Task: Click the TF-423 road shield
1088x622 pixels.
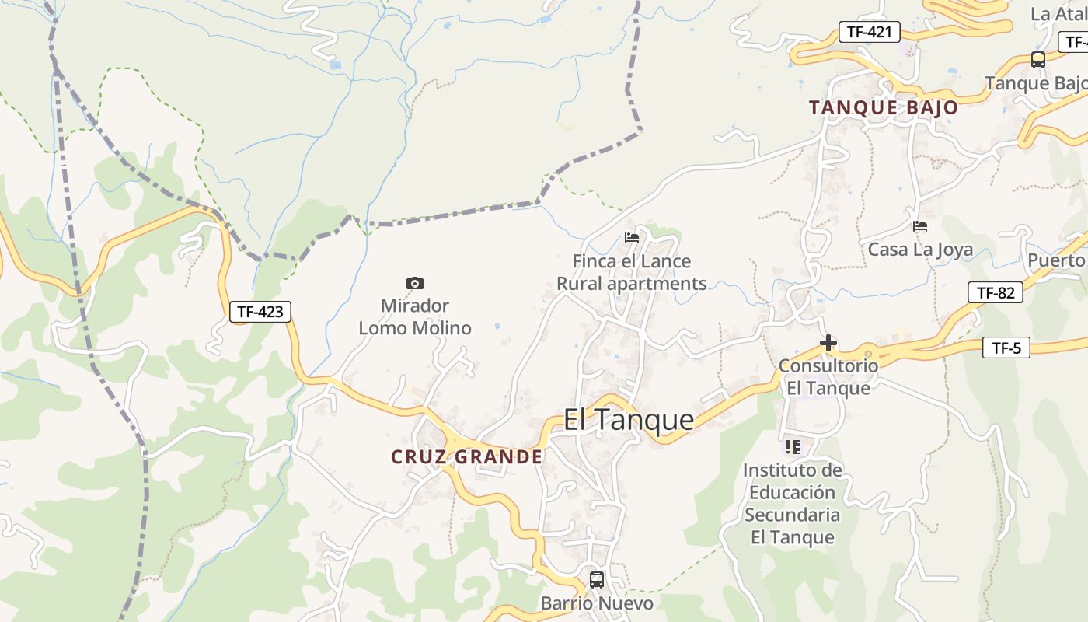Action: click(x=260, y=312)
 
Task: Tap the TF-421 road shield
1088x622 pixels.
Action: click(x=870, y=32)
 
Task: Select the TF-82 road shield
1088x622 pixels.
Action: click(x=996, y=292)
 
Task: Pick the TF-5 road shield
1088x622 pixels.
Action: click(x=1006, y=348)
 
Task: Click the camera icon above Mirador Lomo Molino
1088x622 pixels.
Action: click(x=415, y=283)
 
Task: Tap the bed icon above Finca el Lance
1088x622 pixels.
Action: click(x=632, y=238)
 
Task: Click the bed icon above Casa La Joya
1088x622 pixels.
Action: click(x=920, y=226)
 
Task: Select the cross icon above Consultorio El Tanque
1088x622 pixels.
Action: click(x=828, y=342)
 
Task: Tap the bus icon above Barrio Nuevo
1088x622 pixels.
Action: click(x=597, y=579)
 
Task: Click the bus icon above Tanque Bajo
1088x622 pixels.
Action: click(x=1038, y=59)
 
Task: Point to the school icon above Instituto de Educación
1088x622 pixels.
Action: click(x=793, y=446)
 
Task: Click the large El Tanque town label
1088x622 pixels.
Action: click(x=629, y=420)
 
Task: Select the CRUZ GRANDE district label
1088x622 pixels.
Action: click(x=467, y=456)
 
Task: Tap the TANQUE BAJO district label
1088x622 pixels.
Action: click(x=884, y=107)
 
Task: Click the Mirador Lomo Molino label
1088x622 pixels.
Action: click(x=415, y=316)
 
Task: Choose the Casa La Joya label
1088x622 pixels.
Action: click(x=920, y=250)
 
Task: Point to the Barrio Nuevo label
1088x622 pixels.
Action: click(x=597, y=603)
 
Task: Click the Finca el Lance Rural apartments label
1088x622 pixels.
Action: click(x=632, y=272)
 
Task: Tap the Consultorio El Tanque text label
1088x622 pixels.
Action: click(x=828, y=376)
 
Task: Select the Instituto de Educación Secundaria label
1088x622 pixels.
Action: click(x=793, y=503)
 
